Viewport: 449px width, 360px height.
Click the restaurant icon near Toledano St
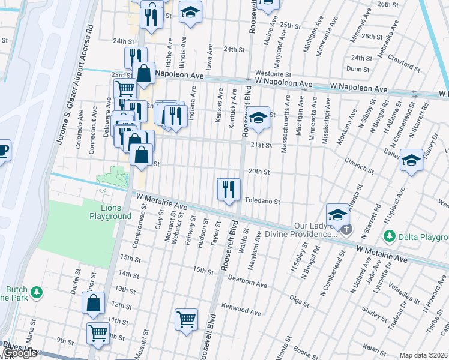tap(228, 190)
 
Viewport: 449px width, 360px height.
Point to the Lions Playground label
tap(111, 212)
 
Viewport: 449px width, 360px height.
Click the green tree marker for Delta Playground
tap(390, 236)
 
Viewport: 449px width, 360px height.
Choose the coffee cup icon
tap(3, 150)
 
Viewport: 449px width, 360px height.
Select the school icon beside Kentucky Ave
tap(259, 118)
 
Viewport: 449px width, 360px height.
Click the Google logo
tap(19, 353)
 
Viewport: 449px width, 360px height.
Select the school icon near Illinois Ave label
tap(190, 12)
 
